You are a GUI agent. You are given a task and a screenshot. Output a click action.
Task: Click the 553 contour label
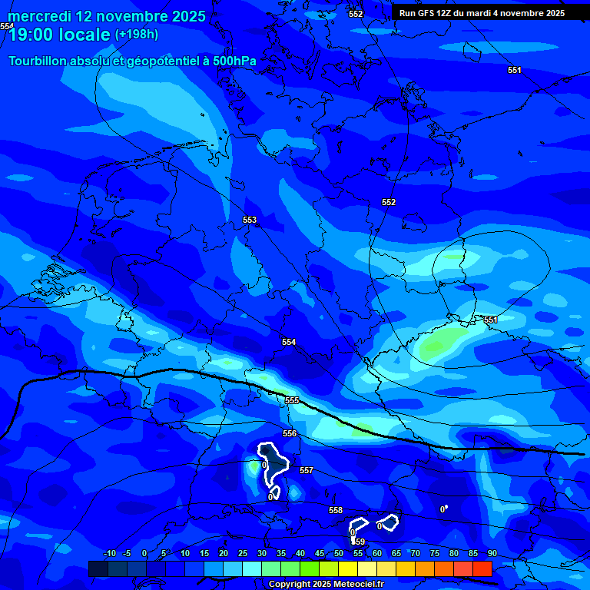point(250,220)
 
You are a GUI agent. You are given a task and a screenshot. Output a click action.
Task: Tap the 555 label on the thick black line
point(292,400)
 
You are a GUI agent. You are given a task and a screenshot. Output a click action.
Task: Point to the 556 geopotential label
point(289,433)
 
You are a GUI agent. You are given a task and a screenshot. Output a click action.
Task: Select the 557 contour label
point(306,469)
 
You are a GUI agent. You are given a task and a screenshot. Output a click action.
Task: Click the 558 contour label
point(336,510)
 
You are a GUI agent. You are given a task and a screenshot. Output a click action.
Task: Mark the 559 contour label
point(359,542)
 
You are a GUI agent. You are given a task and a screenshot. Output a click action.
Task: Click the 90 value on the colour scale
point(492,553)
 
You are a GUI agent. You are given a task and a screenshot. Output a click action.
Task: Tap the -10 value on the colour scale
point(109,553)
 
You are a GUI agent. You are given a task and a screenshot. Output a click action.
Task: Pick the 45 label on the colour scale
point(320,553)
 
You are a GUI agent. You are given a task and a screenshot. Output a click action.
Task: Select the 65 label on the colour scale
point(396,553)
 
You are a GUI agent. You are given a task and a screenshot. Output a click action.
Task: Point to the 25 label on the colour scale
point(243,553)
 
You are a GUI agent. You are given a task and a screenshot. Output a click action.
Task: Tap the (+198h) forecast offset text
point(136,34)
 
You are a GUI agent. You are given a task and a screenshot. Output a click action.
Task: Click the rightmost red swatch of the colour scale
point(482,568)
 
